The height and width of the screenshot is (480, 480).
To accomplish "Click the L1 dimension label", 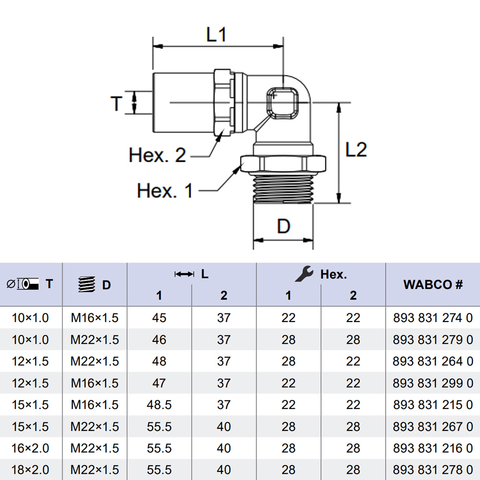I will tap(216, 35).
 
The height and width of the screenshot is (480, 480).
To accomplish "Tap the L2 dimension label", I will tap(356, 150).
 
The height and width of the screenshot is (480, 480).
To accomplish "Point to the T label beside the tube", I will tap(117, 103).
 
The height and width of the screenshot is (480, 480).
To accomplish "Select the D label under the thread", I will tap(284, 226).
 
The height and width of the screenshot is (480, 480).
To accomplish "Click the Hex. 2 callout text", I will tap(157, 155).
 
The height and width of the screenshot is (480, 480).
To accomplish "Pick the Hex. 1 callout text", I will tap(165, 191).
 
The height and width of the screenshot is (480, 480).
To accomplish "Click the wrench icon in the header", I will tap(304, 274).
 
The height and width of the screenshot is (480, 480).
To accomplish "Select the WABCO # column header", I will tap(433, 284).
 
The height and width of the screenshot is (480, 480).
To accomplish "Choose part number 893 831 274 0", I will tap(433, 318).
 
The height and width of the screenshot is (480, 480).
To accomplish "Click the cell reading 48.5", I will tap(159, 405).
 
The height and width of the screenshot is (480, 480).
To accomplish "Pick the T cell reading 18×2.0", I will tap(30, 470).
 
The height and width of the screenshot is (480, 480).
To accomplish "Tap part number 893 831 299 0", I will tap(433, 383).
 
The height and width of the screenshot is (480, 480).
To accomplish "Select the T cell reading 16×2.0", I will tap(30, 448).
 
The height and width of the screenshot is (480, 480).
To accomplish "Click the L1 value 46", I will tap(159, 340).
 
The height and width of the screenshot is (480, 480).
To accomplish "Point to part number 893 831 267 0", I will tap(433, 427).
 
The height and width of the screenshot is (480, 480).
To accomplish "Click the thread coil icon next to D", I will tap(85, 285).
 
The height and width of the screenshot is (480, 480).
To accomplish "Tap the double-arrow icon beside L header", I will tap(184, 274).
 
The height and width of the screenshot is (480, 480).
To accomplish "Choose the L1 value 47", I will tap(159, 383).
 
